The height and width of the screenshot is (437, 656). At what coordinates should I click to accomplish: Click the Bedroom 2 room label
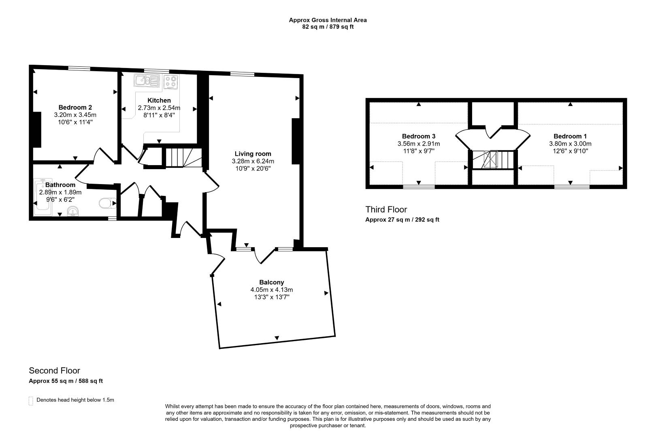coord(75,107)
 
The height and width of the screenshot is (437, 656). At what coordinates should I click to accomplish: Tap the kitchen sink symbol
coord(147,81)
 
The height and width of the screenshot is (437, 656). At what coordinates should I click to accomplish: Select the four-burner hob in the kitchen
coord(171,82)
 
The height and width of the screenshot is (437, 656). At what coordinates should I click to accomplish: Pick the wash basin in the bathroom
coord(73,211)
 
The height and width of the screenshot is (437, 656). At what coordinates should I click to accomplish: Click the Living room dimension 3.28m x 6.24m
coord(253,161)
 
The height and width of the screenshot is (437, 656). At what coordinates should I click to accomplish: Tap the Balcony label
coord(271,282)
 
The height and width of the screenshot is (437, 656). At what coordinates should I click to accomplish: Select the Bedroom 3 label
coord(418,136)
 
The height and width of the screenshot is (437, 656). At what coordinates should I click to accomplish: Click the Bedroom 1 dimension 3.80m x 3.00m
coord(570,144)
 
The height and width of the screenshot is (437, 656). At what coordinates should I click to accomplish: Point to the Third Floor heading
coord(386,210)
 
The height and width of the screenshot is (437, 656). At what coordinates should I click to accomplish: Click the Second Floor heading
coord(55,371)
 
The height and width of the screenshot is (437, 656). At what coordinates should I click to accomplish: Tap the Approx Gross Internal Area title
coord(328,20)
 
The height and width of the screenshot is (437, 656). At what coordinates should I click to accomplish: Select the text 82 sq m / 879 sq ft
coord(328,27)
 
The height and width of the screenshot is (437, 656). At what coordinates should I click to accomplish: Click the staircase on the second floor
coord(184,158)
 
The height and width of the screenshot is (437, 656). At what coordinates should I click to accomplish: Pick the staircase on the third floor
coord(493,159)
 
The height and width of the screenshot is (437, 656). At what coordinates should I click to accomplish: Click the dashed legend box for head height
coord(31,401)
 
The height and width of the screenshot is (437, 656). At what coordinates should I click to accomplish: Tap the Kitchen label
coord(159,100)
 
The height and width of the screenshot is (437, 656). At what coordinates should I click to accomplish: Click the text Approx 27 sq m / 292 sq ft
coord(402,220)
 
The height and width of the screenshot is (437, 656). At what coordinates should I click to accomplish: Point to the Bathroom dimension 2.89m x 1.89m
coord(60,192)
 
